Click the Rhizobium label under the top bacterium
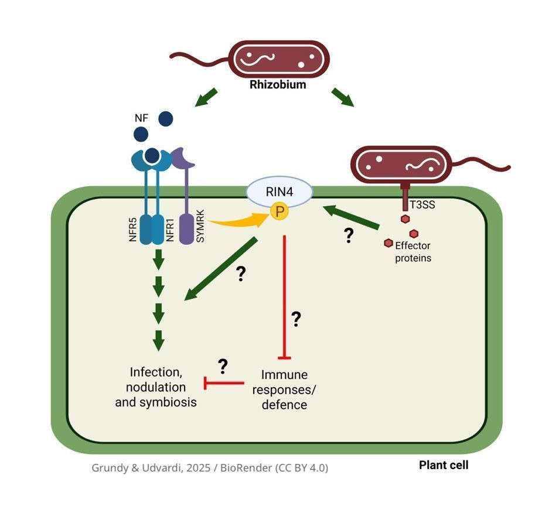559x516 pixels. (278, 84)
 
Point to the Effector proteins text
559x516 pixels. (413, 251)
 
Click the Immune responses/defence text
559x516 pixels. (284, 389)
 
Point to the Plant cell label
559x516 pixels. (444, 466)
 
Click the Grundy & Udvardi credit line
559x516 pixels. (210, 468)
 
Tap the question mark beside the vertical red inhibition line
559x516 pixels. (296, 319)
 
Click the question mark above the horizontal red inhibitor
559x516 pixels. (223, 367)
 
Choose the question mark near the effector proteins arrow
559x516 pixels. (349, 235)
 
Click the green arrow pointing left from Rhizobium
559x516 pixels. (206, 98)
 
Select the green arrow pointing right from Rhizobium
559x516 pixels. (343, 98)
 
